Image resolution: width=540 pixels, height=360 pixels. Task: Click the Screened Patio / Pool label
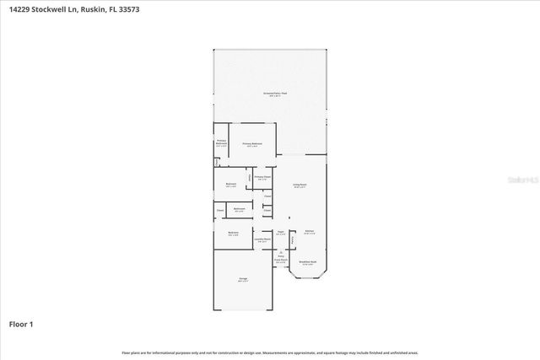(x=271, y=94)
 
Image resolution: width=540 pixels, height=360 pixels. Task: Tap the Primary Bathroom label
(x=221, y=142)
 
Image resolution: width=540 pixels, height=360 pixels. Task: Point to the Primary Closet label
(x=262, y=177)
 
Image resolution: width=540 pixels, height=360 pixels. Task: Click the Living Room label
(x=300, y=185)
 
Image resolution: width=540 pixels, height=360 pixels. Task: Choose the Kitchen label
(x=309, y=233)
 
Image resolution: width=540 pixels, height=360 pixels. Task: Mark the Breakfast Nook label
(x=308, y=263)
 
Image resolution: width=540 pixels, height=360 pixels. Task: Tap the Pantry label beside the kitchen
(x=293, y=241)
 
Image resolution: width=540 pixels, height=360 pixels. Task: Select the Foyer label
(x=280, y=233)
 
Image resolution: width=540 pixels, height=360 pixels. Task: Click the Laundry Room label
(x=262, y=239)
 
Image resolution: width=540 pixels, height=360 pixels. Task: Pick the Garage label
(x=243, y=279)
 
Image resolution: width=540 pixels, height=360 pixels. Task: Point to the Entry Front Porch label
(x=280, y=259)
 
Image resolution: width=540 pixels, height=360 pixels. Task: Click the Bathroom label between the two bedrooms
(x=240, y=209)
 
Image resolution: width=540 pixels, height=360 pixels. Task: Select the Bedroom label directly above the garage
(x=233, y=234)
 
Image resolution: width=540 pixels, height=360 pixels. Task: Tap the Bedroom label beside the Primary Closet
(x=231, y=185)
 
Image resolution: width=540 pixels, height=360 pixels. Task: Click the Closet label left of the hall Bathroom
(x=220, y=210)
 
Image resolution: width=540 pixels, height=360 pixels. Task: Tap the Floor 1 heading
(x=21, y=324)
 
